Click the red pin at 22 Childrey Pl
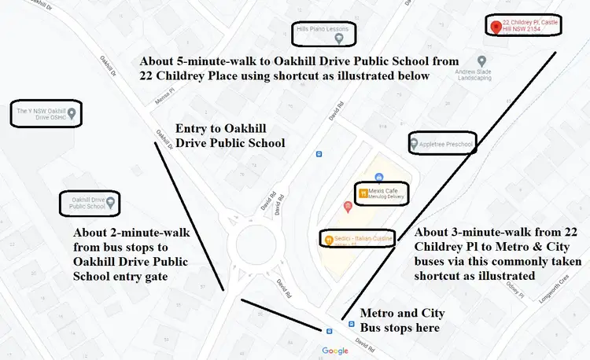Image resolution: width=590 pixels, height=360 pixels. click(495, 28)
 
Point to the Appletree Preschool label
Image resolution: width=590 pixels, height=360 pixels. click(446, 145)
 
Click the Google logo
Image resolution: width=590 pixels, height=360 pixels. click(334, 351)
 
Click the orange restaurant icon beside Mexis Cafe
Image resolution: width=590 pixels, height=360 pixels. click(363, 193)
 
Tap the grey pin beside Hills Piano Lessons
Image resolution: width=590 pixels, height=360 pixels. click(339, 38)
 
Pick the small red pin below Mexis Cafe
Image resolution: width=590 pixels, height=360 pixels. click(348, 207)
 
